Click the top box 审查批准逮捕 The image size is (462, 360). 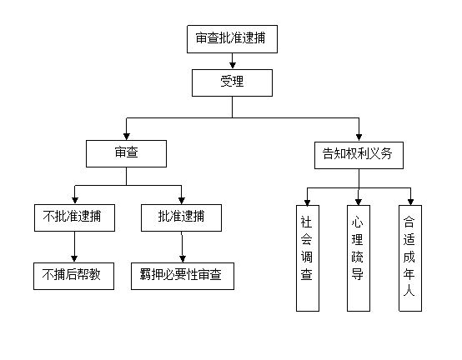point(232,39)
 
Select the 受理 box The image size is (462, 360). point(232,82)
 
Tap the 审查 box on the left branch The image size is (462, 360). point(126,153)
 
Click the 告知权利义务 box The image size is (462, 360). point(359,156)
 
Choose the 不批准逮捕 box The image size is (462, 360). point(74,217)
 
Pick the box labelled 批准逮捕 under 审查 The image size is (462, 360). point(181,217)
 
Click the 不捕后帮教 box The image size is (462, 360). point(73,276)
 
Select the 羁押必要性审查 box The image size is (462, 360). point(183,276)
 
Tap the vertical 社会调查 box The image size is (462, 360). point(308,258)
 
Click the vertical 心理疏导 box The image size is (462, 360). point(359,258)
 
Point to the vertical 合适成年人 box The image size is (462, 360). point(410,258)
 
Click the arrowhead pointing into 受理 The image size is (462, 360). point(233,66)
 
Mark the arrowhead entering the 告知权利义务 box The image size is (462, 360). point(359,137)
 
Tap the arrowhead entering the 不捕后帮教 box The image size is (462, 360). point(74,258)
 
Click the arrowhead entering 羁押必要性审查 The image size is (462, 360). point(183,258)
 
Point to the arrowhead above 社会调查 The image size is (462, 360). point(308,202)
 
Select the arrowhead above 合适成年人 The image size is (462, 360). point(411,202)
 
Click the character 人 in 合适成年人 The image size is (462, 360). point(409,291)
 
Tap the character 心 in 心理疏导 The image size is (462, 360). point(358,222)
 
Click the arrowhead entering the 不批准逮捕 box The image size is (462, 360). point(75,201)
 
